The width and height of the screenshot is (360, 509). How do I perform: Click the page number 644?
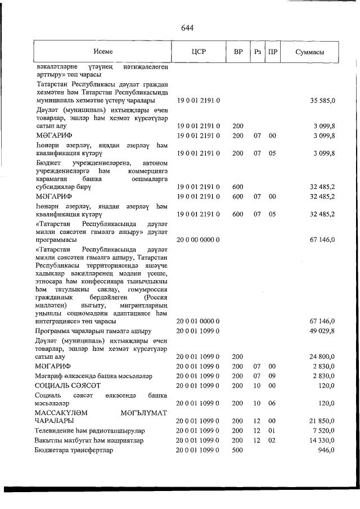click(x=187, y=29)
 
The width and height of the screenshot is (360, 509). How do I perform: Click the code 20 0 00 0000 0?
click(x=199, y=239)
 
